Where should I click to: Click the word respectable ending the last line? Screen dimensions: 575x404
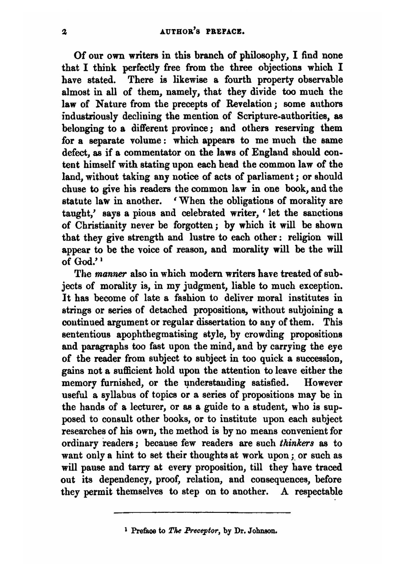(318, 492)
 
